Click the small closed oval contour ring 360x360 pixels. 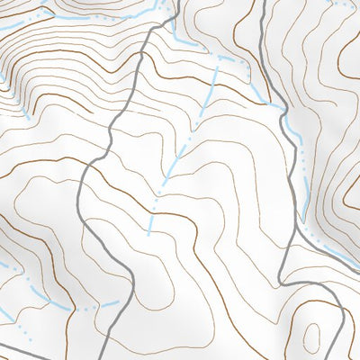click(x=310, y=337)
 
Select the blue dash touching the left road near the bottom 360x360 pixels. click(x=110, y=304)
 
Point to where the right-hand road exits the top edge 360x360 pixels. click(x=268, y=2)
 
